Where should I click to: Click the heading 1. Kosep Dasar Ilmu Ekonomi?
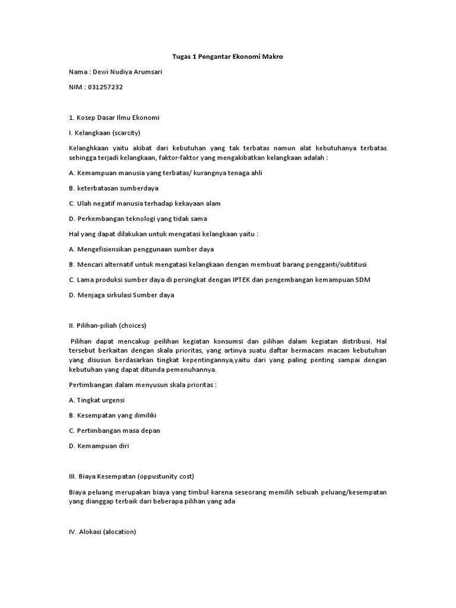114,117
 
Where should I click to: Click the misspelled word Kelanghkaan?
88,147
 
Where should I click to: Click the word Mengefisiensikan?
106,249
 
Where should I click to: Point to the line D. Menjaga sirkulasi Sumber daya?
122,295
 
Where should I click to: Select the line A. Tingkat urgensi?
97,400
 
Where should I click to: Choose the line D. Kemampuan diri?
99,445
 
